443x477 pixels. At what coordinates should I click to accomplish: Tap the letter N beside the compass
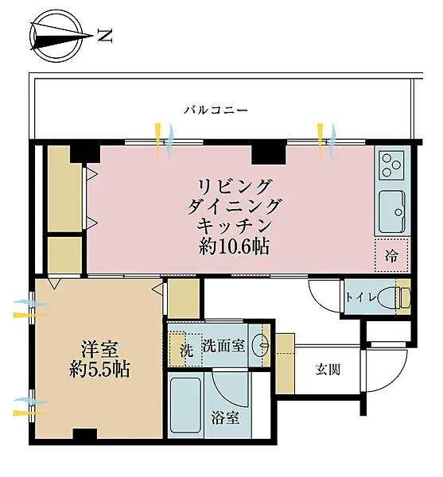point(105,36)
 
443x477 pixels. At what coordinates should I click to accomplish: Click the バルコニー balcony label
point(216,110)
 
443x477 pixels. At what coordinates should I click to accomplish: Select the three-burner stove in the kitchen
point(391,165)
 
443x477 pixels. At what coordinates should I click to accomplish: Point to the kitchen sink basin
point(392,212)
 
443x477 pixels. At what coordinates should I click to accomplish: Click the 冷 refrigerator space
point(391,255)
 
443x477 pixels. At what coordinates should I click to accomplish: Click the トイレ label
point(361,297)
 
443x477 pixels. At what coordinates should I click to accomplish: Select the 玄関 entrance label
point(328,370)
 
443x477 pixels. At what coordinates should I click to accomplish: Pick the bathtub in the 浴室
point(185,406)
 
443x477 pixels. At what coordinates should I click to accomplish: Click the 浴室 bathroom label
point(225,417)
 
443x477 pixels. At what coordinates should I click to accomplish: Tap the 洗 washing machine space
point(186,350)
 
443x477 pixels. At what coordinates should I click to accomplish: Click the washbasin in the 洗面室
point(262,345)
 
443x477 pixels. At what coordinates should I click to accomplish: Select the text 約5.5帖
point(99,370)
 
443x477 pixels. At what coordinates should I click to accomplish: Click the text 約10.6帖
point(235,246)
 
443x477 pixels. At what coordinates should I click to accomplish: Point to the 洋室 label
point(99,350)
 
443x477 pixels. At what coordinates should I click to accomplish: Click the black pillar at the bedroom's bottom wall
point(85,433)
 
